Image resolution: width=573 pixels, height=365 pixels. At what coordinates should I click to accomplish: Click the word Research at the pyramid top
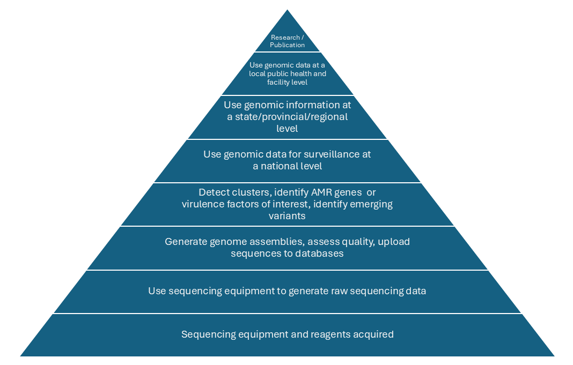(x=284, y=38)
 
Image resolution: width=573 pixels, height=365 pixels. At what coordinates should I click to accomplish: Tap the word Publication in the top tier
(x=288, y=45)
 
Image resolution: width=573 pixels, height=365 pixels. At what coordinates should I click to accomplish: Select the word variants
(x=287, y=216)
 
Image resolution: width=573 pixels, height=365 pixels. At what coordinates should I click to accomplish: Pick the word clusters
(x=244, y=192)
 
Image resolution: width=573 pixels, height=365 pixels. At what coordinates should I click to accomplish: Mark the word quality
(x=358, y=242)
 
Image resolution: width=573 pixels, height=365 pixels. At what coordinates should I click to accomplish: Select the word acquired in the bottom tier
(x=373, y=334)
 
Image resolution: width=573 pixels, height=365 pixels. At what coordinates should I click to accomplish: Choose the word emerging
(x=366, y=204)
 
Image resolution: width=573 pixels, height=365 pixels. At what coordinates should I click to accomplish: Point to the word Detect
(x=212, y=192)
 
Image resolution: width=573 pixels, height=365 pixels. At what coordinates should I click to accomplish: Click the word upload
(x=393, y=242)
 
